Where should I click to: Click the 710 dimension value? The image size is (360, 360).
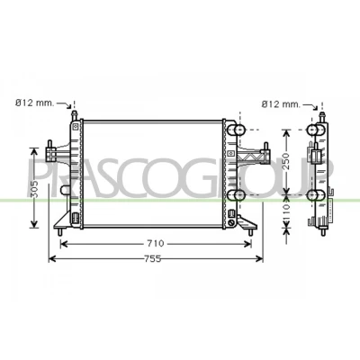click(157, 244)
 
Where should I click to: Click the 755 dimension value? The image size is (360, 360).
click(153, 258)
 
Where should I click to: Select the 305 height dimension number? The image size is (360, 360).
click(35, 189)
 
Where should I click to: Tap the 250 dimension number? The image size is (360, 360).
click(287, 161)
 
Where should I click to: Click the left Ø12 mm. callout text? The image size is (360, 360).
click(35, 103)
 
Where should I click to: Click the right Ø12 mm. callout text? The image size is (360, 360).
click(281, 104)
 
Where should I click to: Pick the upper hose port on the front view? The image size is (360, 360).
click(237, 130)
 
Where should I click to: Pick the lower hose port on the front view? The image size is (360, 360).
click(237, 195)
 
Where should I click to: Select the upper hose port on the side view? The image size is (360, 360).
click(316, 130)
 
